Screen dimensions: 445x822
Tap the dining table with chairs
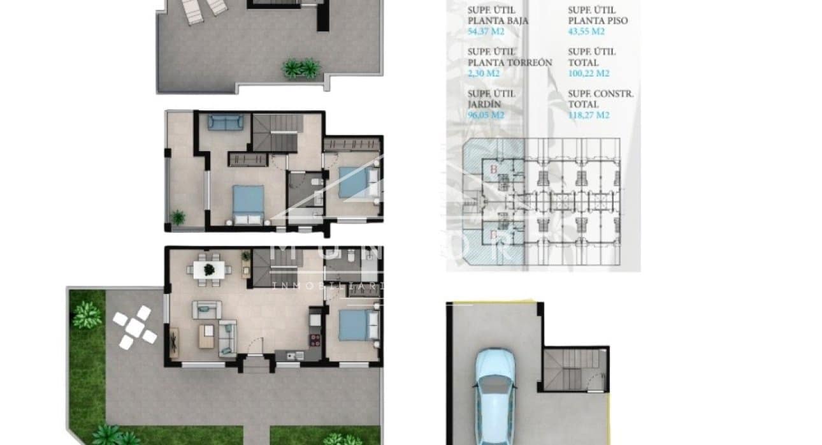(x=209, y=269)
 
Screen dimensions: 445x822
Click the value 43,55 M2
(x=587, y=31)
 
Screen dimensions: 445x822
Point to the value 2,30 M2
(x=484, y=73)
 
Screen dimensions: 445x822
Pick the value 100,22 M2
(x=589, y=73)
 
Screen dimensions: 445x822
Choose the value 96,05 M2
(x=486, y=115)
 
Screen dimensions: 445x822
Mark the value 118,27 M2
(x=589, y=115)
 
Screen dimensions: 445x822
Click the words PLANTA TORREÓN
(x=510, y=62)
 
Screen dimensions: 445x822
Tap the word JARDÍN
(x=484, y=104)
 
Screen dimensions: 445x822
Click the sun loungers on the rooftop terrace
(x=203, y=8)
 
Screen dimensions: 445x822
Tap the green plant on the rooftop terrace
(x=301, y=68)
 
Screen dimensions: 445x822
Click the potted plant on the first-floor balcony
(x=178, y=217)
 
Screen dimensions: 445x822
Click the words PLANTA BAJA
(x=498, y=20)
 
